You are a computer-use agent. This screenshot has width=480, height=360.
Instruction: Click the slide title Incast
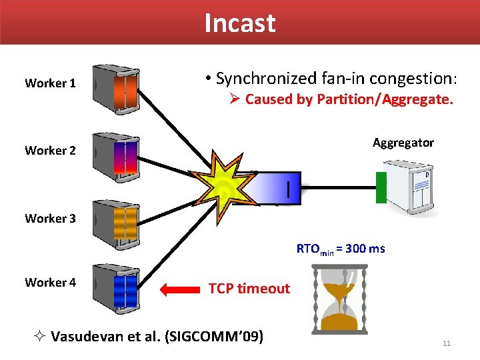pos(239,23)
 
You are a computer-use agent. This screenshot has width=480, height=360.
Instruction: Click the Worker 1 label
pos(50,83)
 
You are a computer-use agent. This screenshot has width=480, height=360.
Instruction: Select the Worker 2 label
pos(50,150)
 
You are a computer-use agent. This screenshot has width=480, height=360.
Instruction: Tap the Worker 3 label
pos(50,218)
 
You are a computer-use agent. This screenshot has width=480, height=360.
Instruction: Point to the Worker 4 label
pos(50,282)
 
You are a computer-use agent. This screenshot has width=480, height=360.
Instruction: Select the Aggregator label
pos(403,143)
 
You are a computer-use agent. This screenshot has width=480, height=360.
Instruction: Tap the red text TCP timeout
pos(249,289)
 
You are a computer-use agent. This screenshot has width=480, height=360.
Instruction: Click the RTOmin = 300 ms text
pos(341,249)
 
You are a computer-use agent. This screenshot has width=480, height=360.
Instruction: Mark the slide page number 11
pos(447,343)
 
